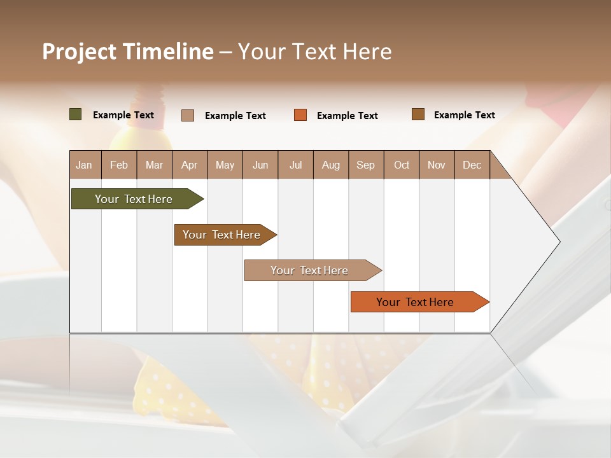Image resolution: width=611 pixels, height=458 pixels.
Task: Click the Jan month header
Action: [85, 165]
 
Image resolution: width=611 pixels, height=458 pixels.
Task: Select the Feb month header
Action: [119, 165]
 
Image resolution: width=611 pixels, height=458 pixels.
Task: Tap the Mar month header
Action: [154, 165]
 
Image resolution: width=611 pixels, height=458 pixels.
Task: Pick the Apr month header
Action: [190, 165]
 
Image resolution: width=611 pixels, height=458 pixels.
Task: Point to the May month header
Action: [225, 165]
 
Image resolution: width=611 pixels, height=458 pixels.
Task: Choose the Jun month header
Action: [260, 165]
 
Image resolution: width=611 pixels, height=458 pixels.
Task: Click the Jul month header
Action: [295, 165]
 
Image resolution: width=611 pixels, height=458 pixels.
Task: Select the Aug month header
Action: [331, 165]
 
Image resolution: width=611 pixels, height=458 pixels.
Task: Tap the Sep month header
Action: [366, 165]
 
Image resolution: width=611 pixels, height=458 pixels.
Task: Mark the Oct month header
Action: [402, 165]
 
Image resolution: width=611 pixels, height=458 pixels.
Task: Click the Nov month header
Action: [437, 165]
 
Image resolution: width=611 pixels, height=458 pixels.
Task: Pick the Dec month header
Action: [472, 165]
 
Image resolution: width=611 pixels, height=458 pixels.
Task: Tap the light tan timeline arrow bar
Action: [310, 270]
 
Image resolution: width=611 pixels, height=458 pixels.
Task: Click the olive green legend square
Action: [76, 114]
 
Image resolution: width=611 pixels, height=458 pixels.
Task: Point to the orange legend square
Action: [300, 115]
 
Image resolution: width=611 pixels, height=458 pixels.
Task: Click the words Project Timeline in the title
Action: [128, 52]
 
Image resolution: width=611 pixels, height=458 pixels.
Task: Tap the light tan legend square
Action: [188, 115]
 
